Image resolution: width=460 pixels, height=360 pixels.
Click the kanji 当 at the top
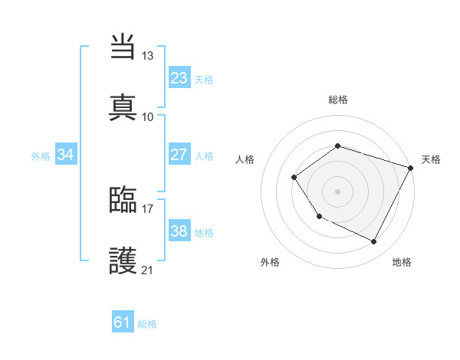click(x=123, y=47)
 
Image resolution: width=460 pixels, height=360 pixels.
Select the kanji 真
click(x=123, y=106)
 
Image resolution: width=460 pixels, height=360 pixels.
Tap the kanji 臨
click(x=123, y=200)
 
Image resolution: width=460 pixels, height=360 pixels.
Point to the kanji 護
click(x=123, y=260)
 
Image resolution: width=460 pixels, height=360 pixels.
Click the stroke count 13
click(x=148, y=56)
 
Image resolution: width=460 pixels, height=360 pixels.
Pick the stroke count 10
click(x=148, y=116)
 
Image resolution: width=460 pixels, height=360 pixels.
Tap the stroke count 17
click(x=148, y=208)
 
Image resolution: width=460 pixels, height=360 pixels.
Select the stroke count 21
click(x=148, y=270)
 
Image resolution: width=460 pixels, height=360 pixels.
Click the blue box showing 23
click(x=179, y=78)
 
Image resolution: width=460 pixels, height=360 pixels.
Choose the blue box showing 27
click(x=179, y=155)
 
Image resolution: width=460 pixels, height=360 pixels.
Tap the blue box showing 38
click(x=179, y=231)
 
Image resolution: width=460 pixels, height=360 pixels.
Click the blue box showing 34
click(x=66, y=155)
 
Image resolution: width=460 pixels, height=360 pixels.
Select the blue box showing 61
click(x=123, y=322)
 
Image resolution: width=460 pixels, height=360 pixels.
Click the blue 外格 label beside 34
click(x=41, y=156)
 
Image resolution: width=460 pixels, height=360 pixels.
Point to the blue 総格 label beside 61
click(x=147, y=324)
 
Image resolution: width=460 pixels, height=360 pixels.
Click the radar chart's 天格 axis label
click(x=431, y=159)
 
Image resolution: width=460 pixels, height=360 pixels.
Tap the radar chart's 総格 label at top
click(x=337, y=100)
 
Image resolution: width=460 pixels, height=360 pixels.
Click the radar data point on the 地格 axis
click(x=374, y=242)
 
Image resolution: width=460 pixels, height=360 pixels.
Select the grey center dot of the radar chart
click(x=337, y=191)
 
